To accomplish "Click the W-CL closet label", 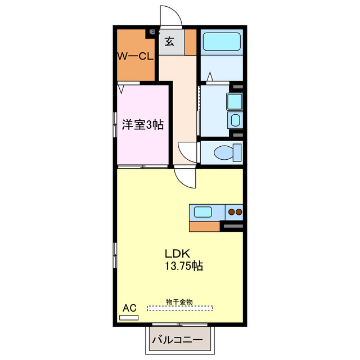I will pyautogui.click(x=135, y=56).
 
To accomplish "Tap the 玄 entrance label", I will pyautogui.click(x=169, y=41).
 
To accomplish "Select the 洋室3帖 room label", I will pyautogui.click(x=143, y=125).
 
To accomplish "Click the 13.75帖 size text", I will pyautogui.click(x=183, y=265).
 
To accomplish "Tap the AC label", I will pyautogui.click(x=129, y=308).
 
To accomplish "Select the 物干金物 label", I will pyautogui.click(x=179, y=302).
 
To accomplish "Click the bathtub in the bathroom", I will pyautogui.click(x=222, y=42).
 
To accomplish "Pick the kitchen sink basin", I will pyautogui.click(x=203, y=212).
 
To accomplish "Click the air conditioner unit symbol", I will pyautogui.click(x=129, y=318).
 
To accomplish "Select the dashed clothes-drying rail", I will pyautogui.click(x=180, y=308).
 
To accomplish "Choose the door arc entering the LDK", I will pyautogui.click(x=184, y=179).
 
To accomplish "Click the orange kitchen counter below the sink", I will pyautogui.click(x=204, y=226).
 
